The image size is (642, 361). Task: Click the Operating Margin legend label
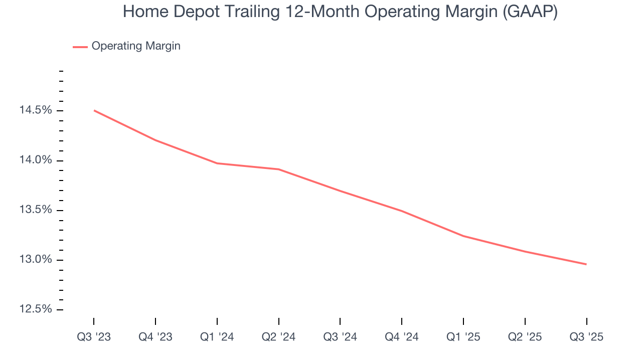(x=136, y=46)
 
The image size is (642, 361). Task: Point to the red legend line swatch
(x=80, y=47)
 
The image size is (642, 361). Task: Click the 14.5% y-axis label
(x=36, y=110)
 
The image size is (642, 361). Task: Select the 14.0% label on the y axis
(x=36, y=160)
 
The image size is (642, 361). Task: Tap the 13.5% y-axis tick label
(x=36, y=210)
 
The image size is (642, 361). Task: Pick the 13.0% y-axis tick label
(x=36, y=260)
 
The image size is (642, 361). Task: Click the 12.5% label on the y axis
(x=36, y=309)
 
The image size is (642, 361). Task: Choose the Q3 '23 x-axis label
(x=94, y=337)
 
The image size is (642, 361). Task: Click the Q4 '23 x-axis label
(x=155, y=337)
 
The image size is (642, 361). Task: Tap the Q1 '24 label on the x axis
(x=217, y=337)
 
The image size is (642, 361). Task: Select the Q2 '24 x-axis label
(x=279, y=337)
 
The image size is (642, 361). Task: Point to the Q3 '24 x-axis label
(x=340, y=337)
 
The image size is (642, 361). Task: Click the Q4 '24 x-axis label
(x=402, y=337)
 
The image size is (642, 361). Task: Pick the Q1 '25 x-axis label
(x=463, y=337)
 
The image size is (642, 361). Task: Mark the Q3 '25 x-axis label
(x=586, y=337)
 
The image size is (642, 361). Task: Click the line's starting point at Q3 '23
(x=94, y=110)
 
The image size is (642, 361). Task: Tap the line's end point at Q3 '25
(x=586, y=264)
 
